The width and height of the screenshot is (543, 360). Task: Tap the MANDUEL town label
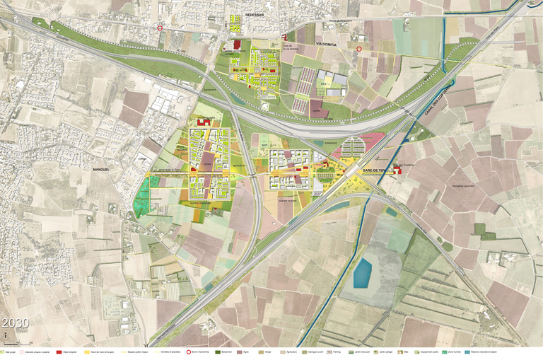[x=103, y=170]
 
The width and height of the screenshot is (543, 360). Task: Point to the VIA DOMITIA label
[x=328, y=44]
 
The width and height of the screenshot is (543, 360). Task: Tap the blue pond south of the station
[x=363, y=272]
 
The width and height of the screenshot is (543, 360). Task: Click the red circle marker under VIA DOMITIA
[x=359, y=50]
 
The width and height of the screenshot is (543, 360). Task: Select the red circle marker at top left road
[x=160, y=29]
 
